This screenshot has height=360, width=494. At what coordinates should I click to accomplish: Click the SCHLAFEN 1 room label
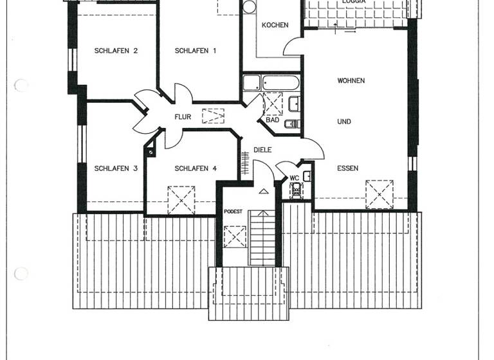point(196,51)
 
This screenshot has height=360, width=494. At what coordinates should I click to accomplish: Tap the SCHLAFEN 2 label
point(116,51)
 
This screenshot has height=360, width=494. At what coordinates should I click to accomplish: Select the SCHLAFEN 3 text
point(116,168)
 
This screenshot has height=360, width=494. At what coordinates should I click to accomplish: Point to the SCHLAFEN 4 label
point(196,168)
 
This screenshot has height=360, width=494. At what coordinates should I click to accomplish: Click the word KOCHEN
point(275,25)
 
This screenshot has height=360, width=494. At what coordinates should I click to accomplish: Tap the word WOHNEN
point(351,81)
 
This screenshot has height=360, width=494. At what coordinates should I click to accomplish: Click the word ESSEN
point(347,168)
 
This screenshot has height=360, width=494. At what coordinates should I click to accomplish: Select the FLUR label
point(183,117)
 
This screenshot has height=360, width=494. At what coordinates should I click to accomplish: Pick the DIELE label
point(262,150)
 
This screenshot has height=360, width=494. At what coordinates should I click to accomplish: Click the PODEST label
point(233,211)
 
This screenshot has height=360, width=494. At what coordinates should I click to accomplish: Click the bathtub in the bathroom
point(281,83)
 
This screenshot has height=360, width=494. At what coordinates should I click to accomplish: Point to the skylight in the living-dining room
point(379,194)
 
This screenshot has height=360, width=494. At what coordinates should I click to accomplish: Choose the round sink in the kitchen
point(249,7)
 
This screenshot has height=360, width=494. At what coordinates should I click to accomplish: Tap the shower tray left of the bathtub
point(252,83)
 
